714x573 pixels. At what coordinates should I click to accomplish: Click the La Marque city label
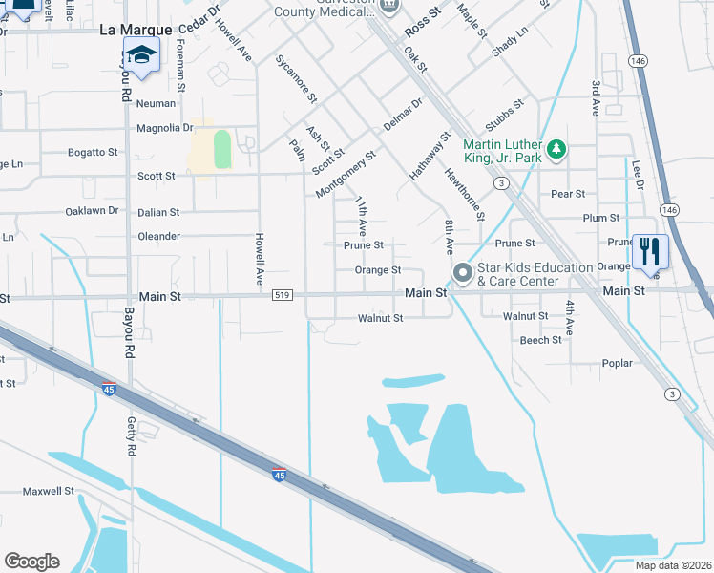(x=136, y=31)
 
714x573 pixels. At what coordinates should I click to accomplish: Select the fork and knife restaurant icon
(x=650, y=253)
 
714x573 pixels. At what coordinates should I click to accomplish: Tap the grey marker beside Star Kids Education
(x=463, y=274)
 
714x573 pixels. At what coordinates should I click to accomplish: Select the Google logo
(x=31, y=562)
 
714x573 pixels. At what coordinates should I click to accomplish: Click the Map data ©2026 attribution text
(x=673, y=565)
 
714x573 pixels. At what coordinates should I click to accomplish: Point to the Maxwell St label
(x=49, y=491)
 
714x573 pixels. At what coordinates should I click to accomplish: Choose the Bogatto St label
(x=93, y=152)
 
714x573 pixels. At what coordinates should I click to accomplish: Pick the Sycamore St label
(x=296, y=79)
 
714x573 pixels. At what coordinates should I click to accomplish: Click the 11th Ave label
(x=362, y=217)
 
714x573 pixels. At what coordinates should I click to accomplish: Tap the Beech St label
(x=541, y=340)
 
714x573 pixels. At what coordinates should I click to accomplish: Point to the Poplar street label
(x=618, y=364)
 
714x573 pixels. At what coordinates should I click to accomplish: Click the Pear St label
(x=568, y=194)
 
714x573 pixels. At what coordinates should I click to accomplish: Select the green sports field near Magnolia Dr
(x=222, y=150)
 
